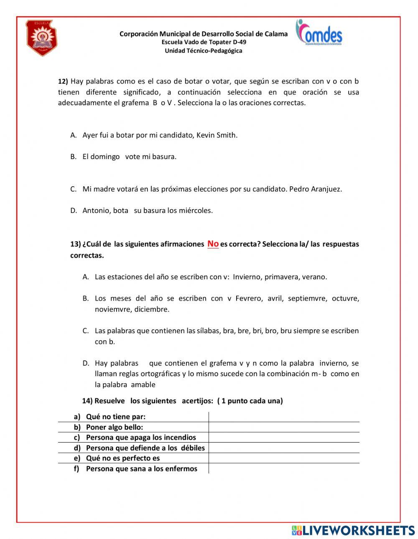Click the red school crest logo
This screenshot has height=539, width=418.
41,38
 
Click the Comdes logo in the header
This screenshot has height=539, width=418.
319,33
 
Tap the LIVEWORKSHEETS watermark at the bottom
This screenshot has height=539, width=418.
353,530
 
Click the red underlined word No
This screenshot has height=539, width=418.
213,243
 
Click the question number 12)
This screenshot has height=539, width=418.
63,81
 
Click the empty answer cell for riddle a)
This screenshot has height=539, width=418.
284,417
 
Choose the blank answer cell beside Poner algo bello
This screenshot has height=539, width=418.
284,427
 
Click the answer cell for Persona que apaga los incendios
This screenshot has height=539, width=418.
284,438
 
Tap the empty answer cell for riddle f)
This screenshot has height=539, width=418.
284,468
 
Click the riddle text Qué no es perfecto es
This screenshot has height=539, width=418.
123,458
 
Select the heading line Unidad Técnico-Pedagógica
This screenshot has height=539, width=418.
203,51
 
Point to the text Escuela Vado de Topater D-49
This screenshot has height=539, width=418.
204,42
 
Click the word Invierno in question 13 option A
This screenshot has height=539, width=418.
247,276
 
